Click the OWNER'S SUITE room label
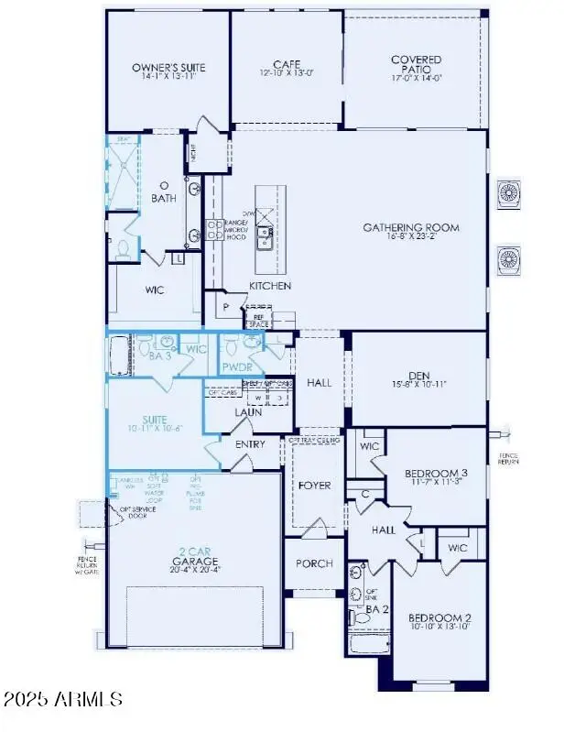[168, 68]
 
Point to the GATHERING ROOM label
[410, 228]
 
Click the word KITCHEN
[270, 286]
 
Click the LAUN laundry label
[247, 412]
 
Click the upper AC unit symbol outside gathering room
[508, 193]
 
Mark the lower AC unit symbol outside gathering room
[508, 259]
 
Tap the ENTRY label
[250, 444]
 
